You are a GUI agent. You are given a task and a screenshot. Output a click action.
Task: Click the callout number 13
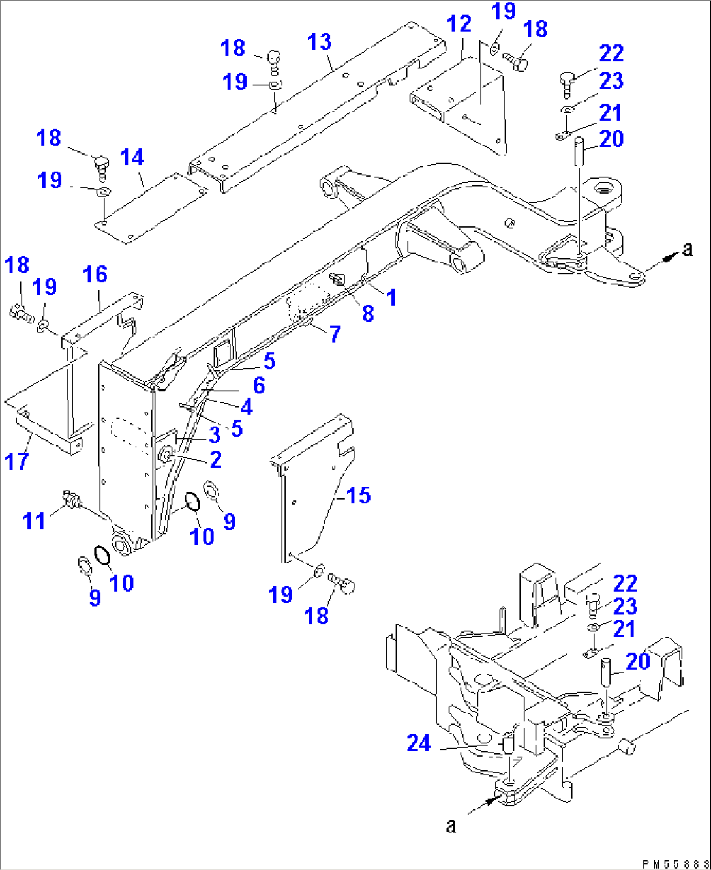coord(319,42)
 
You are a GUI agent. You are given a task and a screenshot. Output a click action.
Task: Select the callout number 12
coord(459,24)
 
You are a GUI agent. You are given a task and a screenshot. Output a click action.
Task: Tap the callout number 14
coord(132,157)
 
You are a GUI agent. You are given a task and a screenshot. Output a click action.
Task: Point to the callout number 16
coord(95,275)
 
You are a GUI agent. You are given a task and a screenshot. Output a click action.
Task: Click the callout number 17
coord(17,461)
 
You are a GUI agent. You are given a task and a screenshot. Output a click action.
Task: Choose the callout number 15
coord(358,496)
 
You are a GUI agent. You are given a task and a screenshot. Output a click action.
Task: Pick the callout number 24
coord(419,743)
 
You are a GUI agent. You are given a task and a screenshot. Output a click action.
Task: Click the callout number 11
coord(34,520)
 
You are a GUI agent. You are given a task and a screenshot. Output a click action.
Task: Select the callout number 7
coord(335,335)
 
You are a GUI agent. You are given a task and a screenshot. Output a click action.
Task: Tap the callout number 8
coord(368,313)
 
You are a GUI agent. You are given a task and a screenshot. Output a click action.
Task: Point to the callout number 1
coord(391,297)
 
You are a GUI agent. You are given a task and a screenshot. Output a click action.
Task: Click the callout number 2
coord(216,459)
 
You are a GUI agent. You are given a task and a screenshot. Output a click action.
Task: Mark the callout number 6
coord(259,385)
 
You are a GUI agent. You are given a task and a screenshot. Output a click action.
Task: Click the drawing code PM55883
coord(674,863)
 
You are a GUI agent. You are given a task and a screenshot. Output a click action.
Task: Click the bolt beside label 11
coord(70,501)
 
